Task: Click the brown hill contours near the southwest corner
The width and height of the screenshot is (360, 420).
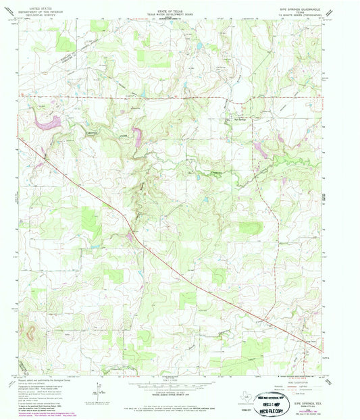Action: [30, 332]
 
